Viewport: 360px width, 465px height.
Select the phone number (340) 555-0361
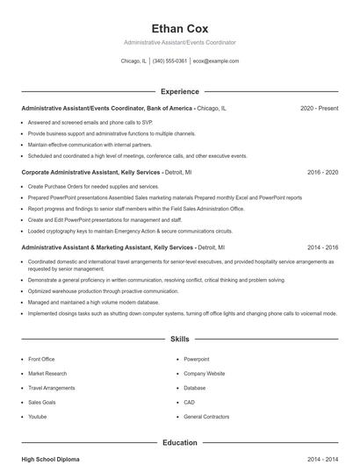coord(169,61)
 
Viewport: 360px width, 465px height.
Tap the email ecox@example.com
coord(215,61)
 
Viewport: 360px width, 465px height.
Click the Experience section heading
coord(179,91)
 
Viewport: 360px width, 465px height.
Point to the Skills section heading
coord(179,338)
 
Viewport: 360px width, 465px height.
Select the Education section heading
coord(179,443)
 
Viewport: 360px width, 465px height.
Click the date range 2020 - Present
coord(319,108)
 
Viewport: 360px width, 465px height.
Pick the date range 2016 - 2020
coord(322,173)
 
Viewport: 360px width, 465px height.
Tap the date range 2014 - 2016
coord(322,248)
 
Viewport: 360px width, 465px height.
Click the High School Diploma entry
coord(51,460)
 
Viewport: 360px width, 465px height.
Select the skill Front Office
coord(41,359)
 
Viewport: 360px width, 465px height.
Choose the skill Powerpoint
coord(197,359)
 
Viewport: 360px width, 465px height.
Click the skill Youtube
coord(38,416)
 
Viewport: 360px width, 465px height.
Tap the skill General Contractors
coord(206,416)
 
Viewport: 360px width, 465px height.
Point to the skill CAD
coord(190,402)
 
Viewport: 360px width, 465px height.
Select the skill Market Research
coord(47,373)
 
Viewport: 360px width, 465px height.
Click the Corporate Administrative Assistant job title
coord(90,173)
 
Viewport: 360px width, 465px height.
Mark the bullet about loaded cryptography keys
coord(130,231)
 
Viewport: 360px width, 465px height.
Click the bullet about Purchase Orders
coord(93,187)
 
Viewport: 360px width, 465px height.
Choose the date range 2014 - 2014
coord(322,460)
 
